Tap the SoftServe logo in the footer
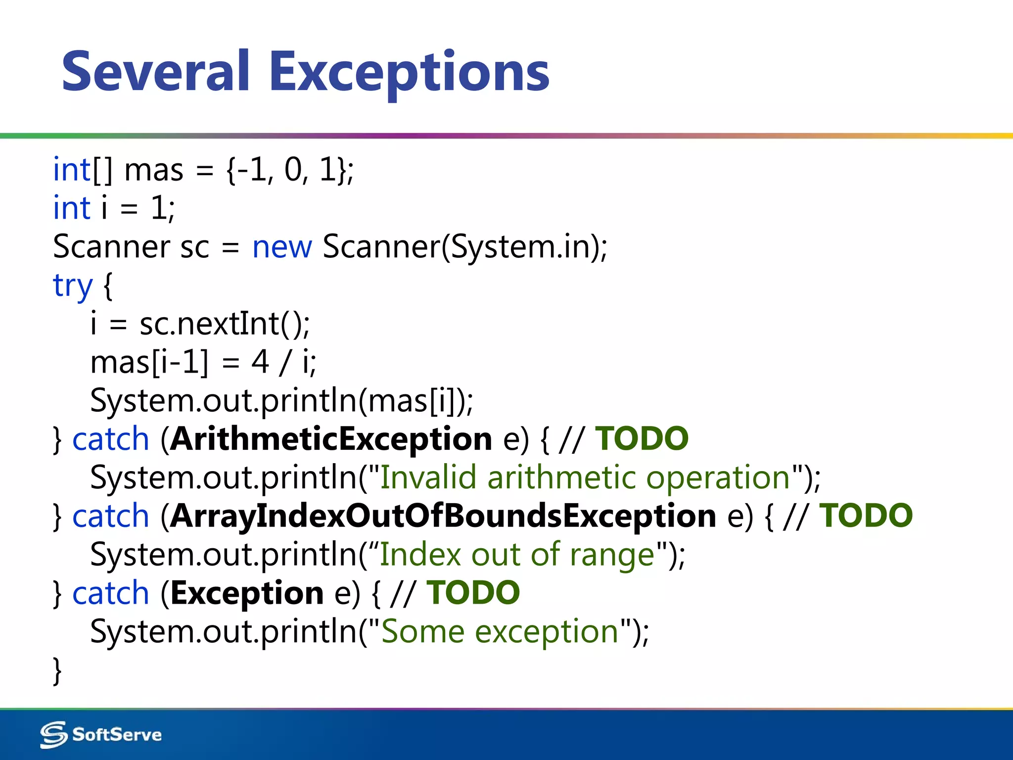(x=101, y=734)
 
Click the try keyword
(x=73, y=285)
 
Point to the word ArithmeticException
(x=331, y=439)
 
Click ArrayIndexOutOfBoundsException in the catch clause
(x=443, y=516)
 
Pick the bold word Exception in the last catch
(x=247, y=593)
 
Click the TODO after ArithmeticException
(x=642, y=439)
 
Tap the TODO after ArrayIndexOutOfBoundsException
(x=866, y=516)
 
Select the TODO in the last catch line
(x=473, y=593)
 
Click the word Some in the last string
(x=423, y=632)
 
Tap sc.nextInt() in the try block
(x=225, y=324)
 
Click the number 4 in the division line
(x=260, y=362)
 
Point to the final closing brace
(x=57, y=670)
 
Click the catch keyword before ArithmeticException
(x=110, y=439)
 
